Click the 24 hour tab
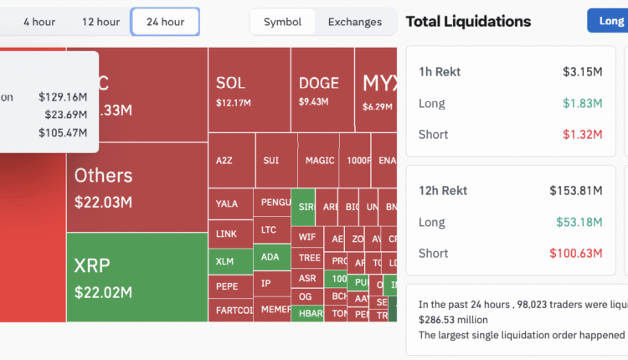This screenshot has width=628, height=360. [x=165, y=22]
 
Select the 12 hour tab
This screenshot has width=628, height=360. [x=100, y=22]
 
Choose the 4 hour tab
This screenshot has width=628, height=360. [x=39, y=22]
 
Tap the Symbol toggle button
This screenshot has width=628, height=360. [x=282, y=22]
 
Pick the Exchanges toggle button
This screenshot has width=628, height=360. [x=354, y=22]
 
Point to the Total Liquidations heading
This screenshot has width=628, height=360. [x=468, y=22]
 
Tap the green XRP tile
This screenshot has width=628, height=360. [x=136, y=277]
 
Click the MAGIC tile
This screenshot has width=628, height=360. [x=319, y=160]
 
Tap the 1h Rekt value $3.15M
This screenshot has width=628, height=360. [x=582, y=72]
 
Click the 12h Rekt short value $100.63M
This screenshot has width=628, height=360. [x=575, y=253]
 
